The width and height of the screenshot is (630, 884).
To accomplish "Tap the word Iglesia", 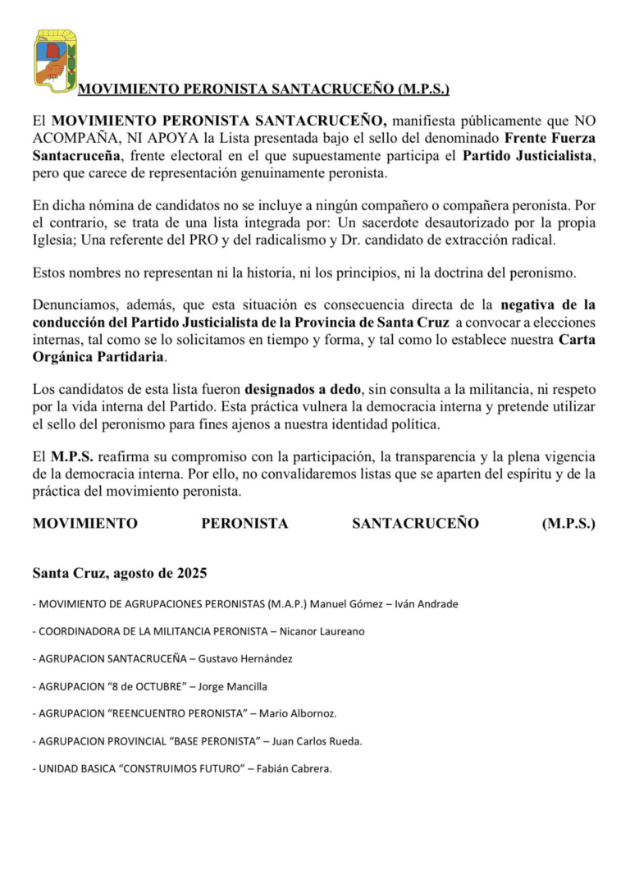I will click(55, 240).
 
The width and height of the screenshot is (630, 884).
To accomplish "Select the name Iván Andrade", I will click(427, 604).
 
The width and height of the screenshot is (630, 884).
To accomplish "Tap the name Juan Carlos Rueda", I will click(317, 741).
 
